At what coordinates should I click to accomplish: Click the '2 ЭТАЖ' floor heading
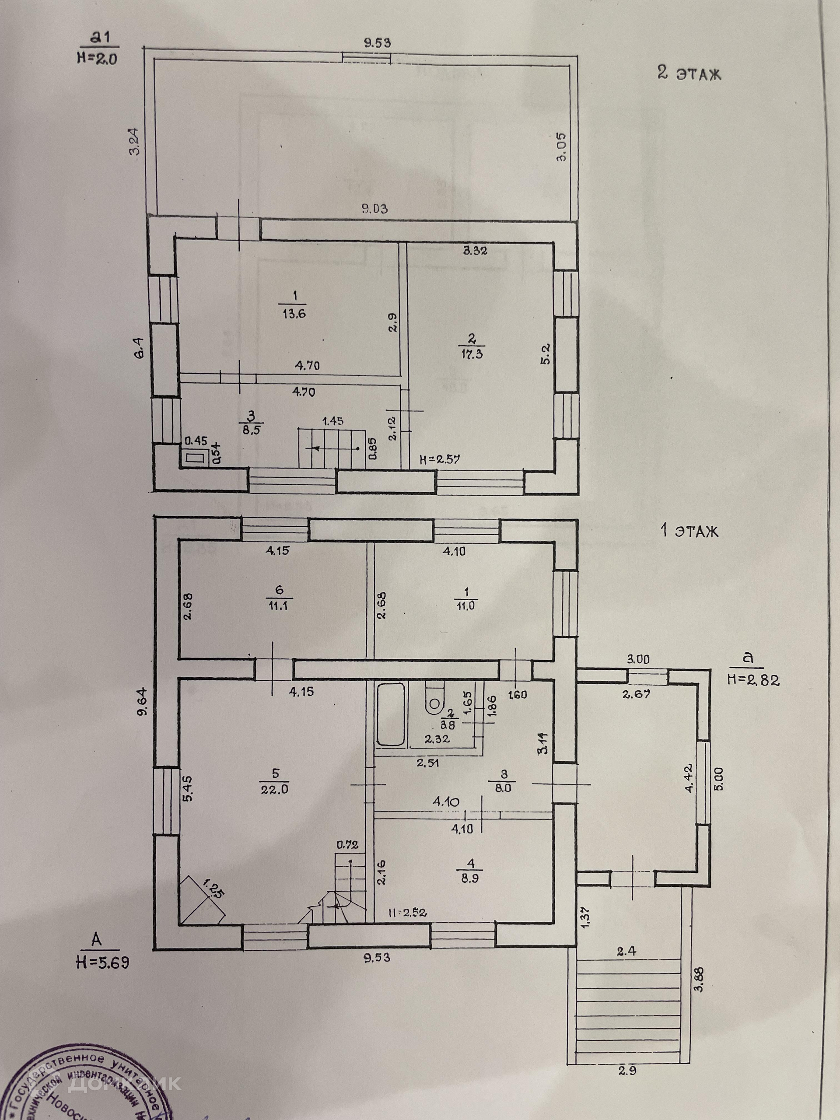689,73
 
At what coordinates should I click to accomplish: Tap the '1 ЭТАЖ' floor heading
689,532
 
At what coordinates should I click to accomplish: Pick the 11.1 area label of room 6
279,605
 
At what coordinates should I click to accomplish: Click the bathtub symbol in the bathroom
390,714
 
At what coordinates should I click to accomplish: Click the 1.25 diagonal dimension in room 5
213,889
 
